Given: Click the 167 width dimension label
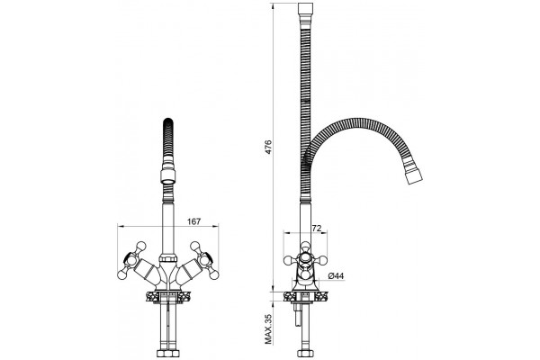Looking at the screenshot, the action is pyautogui.click(x=193, y=221).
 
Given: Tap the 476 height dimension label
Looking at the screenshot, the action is pyautogui.click(x=268, y=147).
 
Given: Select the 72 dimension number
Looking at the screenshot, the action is pyautogui.click(x=316, y=228).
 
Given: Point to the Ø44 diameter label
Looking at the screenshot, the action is pyautogui.click(x=336, y=275).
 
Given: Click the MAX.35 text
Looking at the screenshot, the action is pyautogui.click(x=268, y=329).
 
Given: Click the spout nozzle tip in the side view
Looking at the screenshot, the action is pyautogui.click(x=413, y=176).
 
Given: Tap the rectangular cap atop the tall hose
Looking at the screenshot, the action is pyautogui.click(x=305, y=8).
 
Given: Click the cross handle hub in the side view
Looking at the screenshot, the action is pyautogui.click(x=305, y=257).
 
